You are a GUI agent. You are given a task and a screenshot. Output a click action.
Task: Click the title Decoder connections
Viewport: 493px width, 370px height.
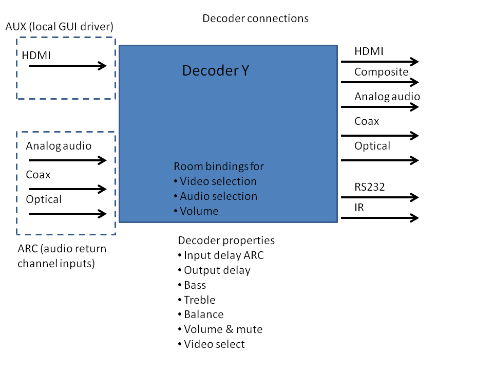point(255,18)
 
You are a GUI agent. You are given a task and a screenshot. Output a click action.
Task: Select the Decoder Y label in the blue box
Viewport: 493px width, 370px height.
point(216,71)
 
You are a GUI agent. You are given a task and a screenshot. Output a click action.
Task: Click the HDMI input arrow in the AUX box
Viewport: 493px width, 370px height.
point(67,66)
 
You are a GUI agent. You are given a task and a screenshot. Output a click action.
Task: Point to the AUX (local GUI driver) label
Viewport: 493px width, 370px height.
point(59,26)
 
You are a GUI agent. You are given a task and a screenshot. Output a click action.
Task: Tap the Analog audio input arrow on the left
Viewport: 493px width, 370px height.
point(67,160)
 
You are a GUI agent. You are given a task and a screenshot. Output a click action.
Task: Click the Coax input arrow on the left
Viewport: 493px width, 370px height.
point(67,189)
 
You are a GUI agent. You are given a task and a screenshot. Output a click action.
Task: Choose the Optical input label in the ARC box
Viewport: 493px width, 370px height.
point(44,199)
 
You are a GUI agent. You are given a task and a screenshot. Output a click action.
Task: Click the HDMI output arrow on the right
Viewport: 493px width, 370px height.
point(380,62)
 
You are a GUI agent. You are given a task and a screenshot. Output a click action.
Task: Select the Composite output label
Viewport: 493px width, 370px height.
point(381,72)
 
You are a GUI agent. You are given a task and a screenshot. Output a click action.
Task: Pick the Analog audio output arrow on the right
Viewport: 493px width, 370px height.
point(380,107)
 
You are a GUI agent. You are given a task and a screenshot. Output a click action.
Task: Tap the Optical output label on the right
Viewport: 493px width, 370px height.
point(372,146)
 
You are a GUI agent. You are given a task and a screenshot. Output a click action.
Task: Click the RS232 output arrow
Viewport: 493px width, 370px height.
point(380,197)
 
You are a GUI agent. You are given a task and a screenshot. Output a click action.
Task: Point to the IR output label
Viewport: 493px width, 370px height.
point(359,208)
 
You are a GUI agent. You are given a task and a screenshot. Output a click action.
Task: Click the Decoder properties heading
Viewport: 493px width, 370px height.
point(226,240)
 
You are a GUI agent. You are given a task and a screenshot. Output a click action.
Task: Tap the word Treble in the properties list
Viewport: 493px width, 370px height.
point(200,300)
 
